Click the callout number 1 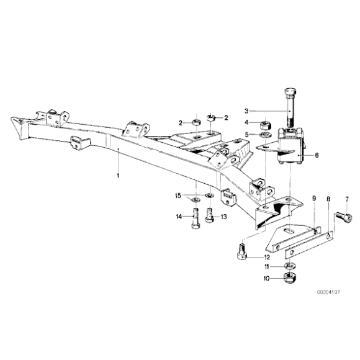click(117, 176)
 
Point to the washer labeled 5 click(264, 134)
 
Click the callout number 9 click(314, 199)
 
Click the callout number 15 click(178, 197)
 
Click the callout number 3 click(245, 109)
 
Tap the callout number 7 click(347, 199)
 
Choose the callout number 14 click(178, 217)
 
